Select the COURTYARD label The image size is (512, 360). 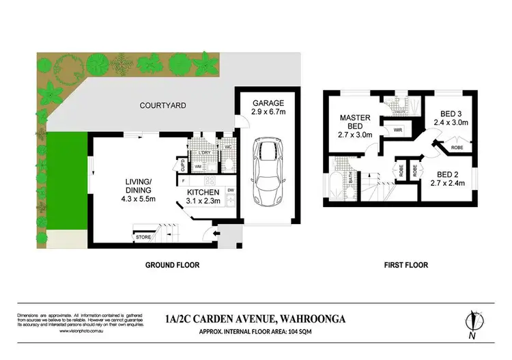coord(162,105)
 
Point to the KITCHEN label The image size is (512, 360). coord(203,193)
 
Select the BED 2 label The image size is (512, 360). coord(447,174)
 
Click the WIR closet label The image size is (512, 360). coord(395,130)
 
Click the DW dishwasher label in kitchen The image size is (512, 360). coord(231,190)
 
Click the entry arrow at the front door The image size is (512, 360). coord(218,234)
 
